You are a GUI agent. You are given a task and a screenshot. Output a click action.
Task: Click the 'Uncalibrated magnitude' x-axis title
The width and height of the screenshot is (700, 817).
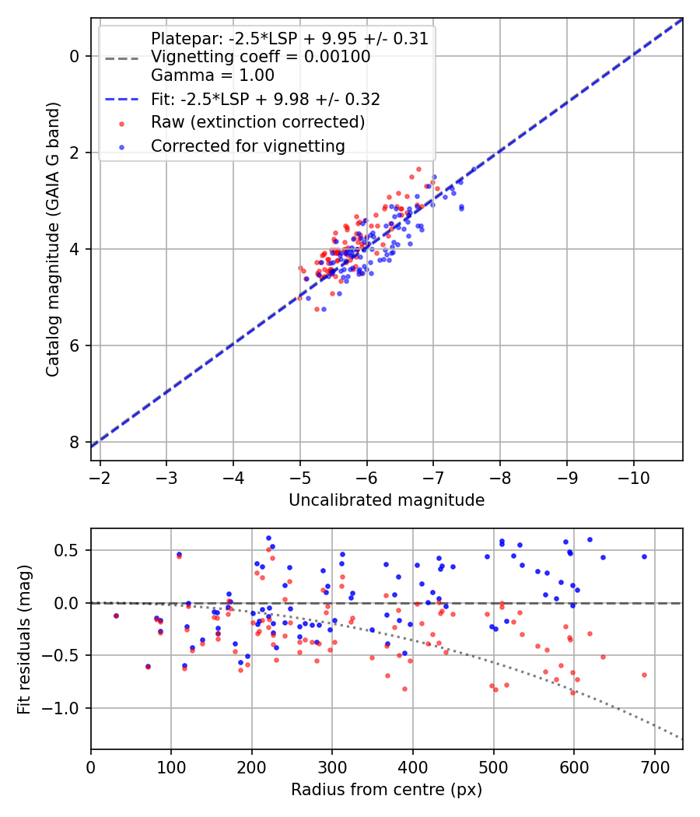point(387,500)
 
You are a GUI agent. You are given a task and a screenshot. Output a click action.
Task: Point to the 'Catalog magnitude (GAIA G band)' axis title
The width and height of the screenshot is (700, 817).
point(53,239)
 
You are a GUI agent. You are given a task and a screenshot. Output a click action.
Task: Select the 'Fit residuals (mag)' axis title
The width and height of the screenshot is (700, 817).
point(24,640)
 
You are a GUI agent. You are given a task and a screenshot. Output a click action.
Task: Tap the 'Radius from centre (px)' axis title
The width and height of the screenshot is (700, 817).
point(387,790)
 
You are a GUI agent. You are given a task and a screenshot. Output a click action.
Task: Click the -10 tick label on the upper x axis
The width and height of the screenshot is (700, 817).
point(633,478)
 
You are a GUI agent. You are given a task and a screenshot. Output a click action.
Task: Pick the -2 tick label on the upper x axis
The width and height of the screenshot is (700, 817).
point(100,478)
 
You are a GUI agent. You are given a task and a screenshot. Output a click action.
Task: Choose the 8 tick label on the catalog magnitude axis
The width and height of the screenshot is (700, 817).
point(75,442)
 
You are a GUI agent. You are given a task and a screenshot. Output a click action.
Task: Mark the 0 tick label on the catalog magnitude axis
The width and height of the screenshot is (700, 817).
point(75,56)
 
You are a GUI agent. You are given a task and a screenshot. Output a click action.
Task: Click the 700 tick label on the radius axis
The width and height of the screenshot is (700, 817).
point(655,767)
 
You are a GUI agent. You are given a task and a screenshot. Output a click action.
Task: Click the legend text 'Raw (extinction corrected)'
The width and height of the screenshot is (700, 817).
point(257,122)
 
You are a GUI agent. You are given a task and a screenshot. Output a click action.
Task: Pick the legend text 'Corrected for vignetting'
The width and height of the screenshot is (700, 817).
point(248,146)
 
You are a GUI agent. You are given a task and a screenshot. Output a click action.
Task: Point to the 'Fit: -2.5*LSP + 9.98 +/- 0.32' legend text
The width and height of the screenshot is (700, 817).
point(266,99)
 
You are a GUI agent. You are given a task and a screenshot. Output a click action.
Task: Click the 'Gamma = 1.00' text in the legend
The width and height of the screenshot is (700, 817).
point(212,75)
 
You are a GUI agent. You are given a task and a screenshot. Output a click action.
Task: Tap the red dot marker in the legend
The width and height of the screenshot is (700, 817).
point(122,124)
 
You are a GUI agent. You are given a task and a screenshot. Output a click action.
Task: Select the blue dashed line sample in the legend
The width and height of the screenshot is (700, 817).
point(122,99)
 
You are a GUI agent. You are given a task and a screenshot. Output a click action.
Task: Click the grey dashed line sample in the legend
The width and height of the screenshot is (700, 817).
point(122,58)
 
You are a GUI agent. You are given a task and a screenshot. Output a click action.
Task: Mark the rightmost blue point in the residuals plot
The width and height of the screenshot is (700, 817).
point(644,556)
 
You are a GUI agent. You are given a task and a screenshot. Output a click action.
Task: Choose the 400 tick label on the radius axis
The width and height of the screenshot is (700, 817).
point(413,767)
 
